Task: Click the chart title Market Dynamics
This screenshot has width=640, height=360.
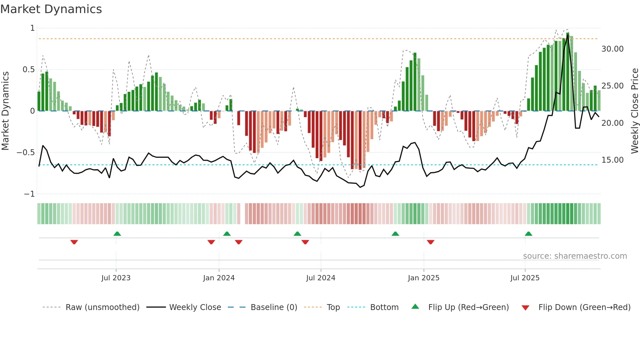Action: pos(51,9)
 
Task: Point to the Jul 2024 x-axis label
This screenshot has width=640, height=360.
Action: pos(321,278)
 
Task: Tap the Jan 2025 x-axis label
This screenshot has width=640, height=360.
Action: pos(424,278)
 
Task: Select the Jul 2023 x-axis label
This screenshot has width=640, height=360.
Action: pos(116,278)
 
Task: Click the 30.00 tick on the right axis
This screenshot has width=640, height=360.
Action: pos(612,49)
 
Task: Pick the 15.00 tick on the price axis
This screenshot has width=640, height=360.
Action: pos(612,160)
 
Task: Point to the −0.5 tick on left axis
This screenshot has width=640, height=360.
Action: pos(25,153)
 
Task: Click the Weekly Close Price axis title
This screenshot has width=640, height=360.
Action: pos(634,111)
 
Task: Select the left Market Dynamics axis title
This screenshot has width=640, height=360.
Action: pos(5,111)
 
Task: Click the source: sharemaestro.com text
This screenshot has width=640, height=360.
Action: pos(575,256)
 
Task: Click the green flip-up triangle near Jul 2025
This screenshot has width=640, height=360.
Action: pos(528,234)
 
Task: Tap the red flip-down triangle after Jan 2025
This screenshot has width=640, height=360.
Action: pos(430,242)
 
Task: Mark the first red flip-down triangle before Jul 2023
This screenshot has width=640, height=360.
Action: pos(74,242)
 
